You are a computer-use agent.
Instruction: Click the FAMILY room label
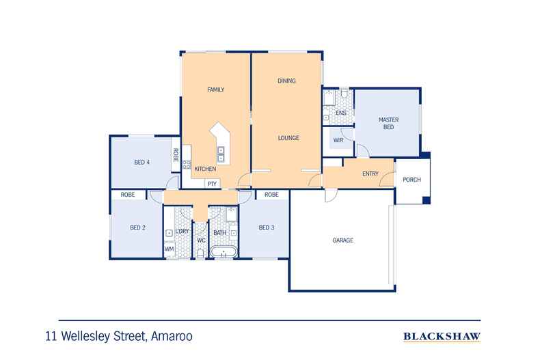(215, 89)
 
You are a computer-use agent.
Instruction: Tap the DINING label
(286, 81)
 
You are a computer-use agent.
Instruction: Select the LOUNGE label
(288, 138)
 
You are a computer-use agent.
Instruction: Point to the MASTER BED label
(388, 123)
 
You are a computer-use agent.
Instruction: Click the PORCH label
(412, 180)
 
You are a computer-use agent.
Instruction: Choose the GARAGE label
(343, 240)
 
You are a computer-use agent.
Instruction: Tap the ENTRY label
(370, 174)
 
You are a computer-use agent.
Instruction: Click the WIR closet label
(338, 140)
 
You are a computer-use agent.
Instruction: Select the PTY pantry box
(213, 184)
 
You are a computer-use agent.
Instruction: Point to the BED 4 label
(142, 162)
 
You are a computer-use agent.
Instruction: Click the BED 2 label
(138, 227)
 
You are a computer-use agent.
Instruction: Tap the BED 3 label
(267, 227)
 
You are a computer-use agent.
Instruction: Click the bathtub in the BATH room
(224, 251)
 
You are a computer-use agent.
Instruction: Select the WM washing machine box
(170, 249)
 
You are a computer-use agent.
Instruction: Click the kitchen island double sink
(221, 154)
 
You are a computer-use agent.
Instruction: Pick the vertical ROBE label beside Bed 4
(176, 155)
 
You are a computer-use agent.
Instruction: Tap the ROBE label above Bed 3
(271, 195)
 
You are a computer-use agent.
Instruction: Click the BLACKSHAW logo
(442, 337)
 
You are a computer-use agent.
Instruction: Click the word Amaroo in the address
(172, 336)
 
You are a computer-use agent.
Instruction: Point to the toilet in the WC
(200, 253)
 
